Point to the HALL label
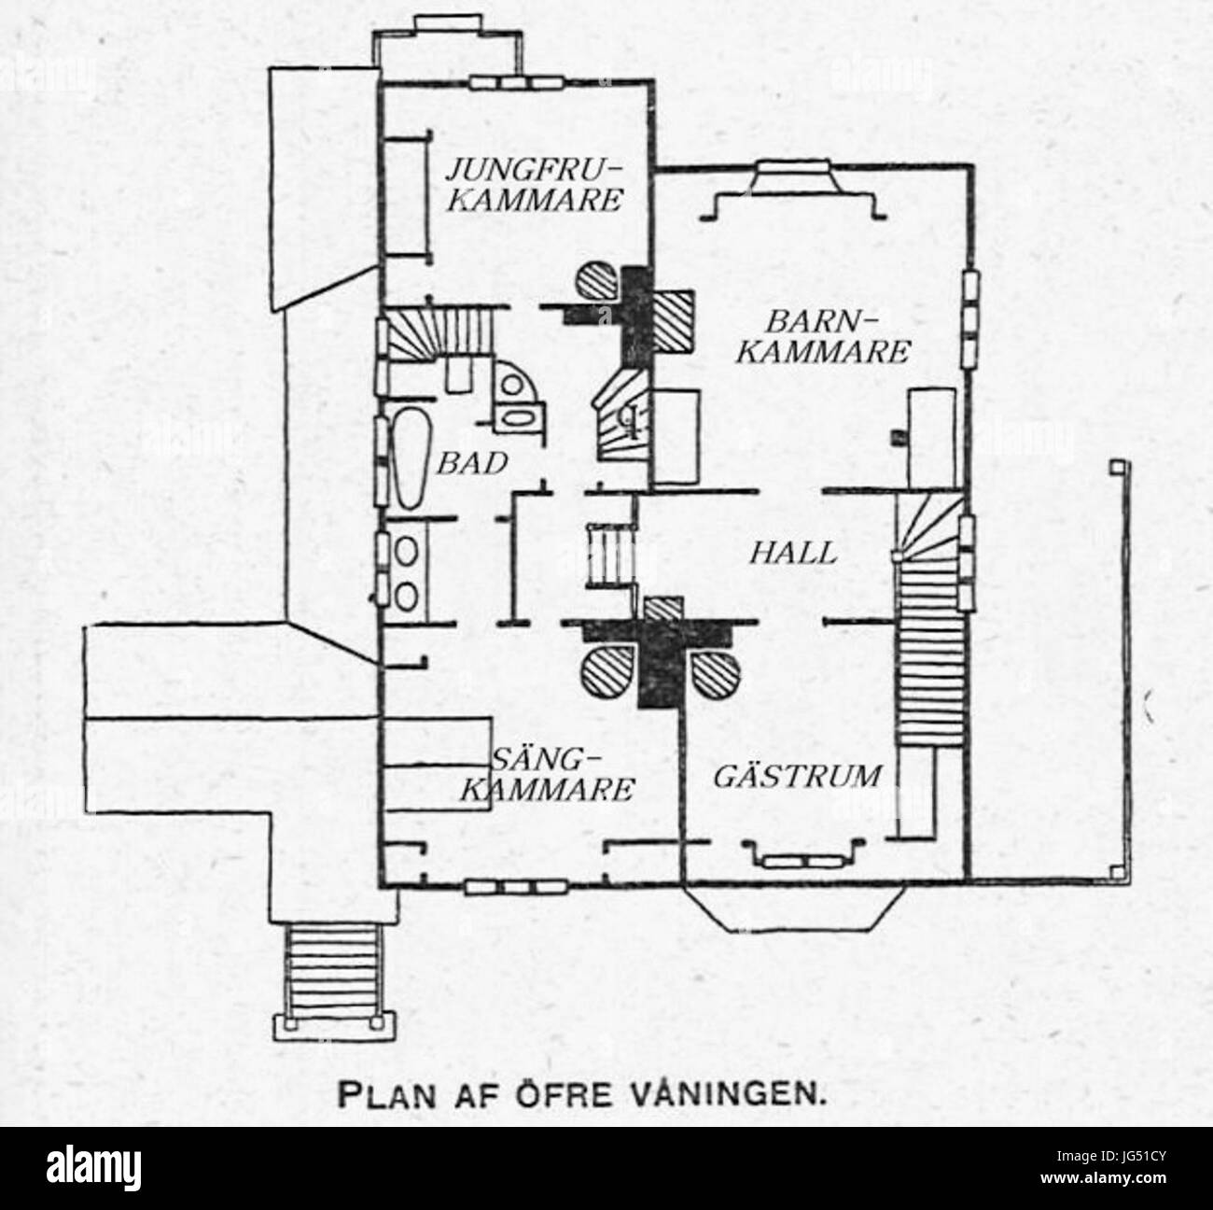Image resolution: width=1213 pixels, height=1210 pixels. click(793, 553)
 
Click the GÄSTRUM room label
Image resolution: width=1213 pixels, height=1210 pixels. click(798, 776)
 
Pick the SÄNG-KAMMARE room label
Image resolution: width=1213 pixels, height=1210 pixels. click(549, 774)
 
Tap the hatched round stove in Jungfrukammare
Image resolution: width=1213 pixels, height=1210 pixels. click(598, 281)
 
